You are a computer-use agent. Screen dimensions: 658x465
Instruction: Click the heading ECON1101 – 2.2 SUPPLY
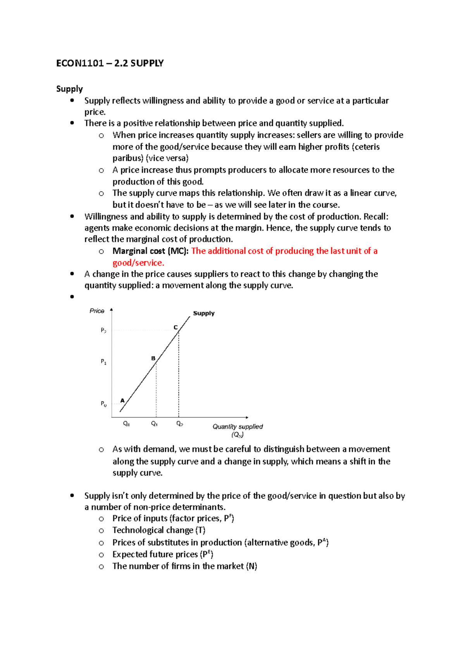(x=110, y=63)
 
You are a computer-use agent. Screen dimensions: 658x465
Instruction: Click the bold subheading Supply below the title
(x=69, y=89)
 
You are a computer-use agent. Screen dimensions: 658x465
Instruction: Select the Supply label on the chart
(x=203, y=313)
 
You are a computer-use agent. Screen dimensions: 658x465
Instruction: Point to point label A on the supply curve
(x=122, y=400)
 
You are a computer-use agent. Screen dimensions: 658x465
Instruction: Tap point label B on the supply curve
(x=153, y=358)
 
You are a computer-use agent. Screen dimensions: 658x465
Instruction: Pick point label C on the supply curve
(x=176, y=327)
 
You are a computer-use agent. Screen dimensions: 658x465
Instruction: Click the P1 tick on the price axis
(x=103, y=362)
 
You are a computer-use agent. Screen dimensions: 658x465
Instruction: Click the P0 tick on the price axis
(x=103, y=404)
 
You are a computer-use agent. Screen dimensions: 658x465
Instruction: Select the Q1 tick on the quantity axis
(x=154, y=424)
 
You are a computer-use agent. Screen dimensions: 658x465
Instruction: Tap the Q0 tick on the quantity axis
(x=126, y=424)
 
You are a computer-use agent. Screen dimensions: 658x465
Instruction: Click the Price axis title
(x=97, y=311)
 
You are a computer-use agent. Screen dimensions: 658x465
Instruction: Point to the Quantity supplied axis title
(x=238, y=427)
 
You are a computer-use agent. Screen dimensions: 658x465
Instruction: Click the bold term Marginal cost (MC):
(x=150, y=251)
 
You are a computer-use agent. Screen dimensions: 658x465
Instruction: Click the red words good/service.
(x=138, y=263)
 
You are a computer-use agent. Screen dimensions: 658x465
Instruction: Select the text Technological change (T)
(x=159, y=530)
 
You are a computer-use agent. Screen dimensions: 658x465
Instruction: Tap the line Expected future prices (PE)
(x=163, y=554)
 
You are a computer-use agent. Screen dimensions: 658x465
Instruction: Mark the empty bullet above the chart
(x=72, y=297)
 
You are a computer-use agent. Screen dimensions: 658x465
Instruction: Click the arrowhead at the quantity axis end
(x=247, y=417)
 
